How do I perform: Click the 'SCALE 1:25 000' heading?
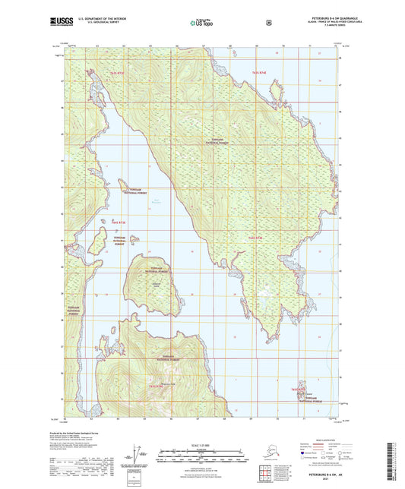point(202,443)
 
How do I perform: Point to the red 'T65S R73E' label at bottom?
point(157,386)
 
